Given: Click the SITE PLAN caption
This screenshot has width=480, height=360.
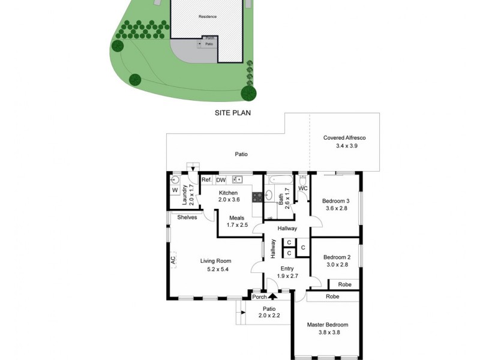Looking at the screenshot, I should click(232, 112).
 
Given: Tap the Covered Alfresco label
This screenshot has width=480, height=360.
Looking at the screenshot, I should click(344, 138).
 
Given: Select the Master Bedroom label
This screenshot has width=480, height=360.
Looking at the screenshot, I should click(327, 325).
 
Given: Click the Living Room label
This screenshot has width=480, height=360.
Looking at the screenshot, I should click(215, 261).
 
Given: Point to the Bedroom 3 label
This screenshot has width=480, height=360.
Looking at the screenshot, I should click(335, 201).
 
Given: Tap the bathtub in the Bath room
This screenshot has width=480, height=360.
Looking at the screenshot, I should click(280, 179).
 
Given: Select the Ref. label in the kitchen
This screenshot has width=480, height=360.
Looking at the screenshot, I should click(206, 179).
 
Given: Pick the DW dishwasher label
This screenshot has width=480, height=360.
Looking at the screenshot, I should click(221, 179).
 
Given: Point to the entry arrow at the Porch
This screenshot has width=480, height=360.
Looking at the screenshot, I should click(272, 296).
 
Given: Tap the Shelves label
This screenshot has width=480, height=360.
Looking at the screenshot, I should click(187, 217).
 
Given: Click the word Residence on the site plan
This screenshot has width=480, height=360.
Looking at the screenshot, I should click(208, 16).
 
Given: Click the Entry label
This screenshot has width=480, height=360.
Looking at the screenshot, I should click(287, 269).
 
